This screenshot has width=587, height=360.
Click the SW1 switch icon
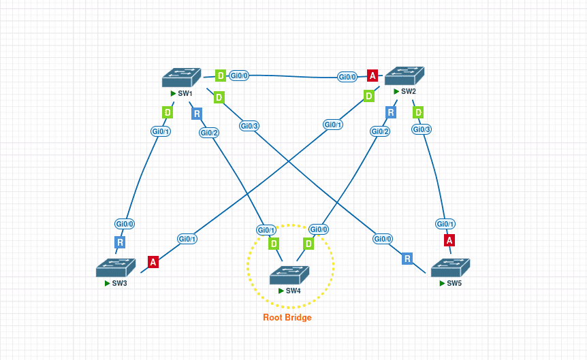182,78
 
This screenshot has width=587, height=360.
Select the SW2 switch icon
404,76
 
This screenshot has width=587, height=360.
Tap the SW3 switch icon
116,268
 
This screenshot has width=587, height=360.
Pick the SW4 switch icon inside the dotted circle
289,275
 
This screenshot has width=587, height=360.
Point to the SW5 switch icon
451,268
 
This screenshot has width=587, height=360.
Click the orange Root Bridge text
287,318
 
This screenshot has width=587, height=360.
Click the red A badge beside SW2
372,76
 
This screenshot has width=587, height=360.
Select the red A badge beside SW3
153,262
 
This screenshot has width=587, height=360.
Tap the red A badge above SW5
449,240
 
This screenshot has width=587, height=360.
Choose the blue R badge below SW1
197,114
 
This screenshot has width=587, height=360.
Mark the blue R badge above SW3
120,242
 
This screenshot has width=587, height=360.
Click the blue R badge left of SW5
407,259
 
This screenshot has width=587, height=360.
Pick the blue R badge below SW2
391,112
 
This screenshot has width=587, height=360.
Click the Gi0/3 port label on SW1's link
249,126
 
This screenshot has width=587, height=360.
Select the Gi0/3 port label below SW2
422,129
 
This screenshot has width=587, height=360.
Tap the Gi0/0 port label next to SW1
239,76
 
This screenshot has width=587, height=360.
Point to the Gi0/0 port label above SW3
125,223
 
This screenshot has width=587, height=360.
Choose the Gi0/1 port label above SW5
445,224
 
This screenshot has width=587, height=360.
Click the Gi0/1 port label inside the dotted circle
266,230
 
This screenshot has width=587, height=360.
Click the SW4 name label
293,291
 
